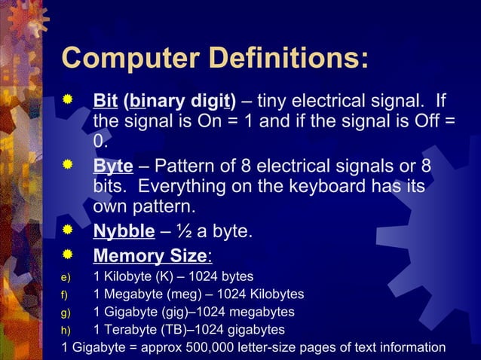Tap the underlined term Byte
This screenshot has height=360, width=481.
click(113, 166)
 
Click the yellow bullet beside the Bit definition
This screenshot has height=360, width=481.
click(68, 100)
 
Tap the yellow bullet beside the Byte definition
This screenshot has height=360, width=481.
click(68, 165)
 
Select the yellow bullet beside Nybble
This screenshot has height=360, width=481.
click(68, 230)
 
